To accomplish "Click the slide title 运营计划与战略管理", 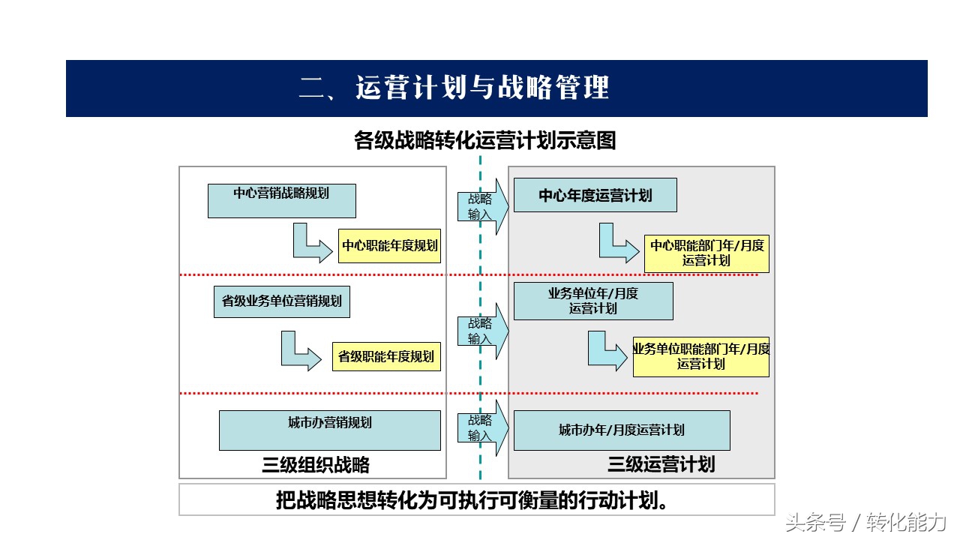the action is (x=482, y=88).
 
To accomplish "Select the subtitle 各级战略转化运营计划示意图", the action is (x=485, y=140).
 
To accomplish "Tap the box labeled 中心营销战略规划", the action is (x=281, y=201).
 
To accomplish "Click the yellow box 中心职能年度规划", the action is (x=389, y=245).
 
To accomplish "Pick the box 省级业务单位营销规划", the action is (x=281, y=301).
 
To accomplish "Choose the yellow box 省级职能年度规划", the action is (x=386, y=356).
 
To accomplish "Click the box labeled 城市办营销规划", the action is (x=329, y=430).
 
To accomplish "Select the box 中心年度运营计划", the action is (x=595, y=195).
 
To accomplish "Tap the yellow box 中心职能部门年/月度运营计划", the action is (x=706, y=253).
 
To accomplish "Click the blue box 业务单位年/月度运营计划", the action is (x=593, y=301).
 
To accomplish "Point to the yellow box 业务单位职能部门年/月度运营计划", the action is (x=701, y=356).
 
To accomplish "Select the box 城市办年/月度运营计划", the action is (x=622, y=430).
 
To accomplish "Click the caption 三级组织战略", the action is (x=316, y=464).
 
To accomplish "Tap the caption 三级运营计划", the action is (x=661, y=464).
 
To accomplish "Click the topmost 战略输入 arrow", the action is (x=483, y=206).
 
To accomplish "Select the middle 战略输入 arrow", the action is (x=483, y=331).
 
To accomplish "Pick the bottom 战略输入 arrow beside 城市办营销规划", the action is (x=483, y=427).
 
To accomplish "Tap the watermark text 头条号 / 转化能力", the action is (x=865, y=523).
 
